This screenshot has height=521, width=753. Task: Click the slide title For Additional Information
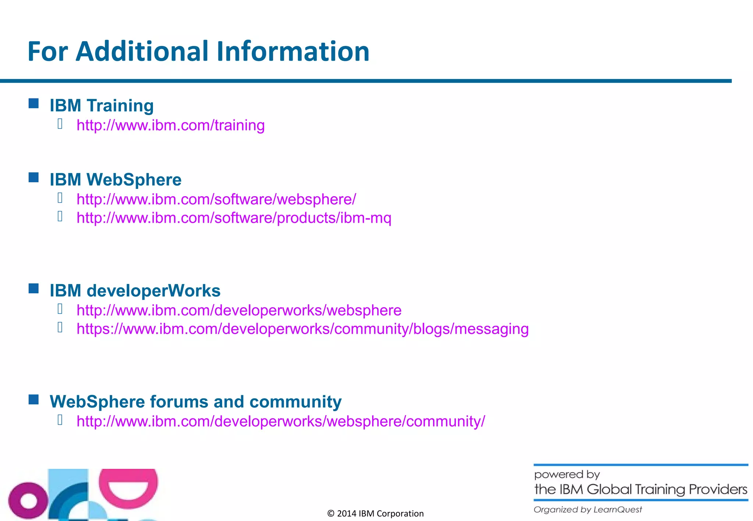click(x=199, y=51)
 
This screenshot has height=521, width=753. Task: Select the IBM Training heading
click(x=102, y=105)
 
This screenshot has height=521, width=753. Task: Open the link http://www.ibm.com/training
click(x=171, y=125)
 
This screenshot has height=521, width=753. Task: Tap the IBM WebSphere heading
click(x=116, y=180)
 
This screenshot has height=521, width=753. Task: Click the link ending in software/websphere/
click(x=216, y=200)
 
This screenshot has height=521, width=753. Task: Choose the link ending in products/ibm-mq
click(x=234, y=218)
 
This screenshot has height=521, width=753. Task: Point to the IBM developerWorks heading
click(x=135, y=291)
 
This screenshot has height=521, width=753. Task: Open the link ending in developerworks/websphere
click(x=239, y=310)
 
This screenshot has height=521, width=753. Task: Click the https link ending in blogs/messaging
click(x=303, y=329)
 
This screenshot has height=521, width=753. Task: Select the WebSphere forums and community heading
click(x=196, y=402)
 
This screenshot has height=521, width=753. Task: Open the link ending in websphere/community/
click(x=281, y=421)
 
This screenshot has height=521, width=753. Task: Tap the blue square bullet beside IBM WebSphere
click(x=34, y=177)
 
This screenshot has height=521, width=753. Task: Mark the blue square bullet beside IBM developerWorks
click(x=34, y=288)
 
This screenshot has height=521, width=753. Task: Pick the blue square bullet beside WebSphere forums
click(x=34, y=399)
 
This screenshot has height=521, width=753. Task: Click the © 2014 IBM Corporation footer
click(x=375, y=513)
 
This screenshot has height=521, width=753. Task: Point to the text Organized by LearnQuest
click(x=588, y=510)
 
